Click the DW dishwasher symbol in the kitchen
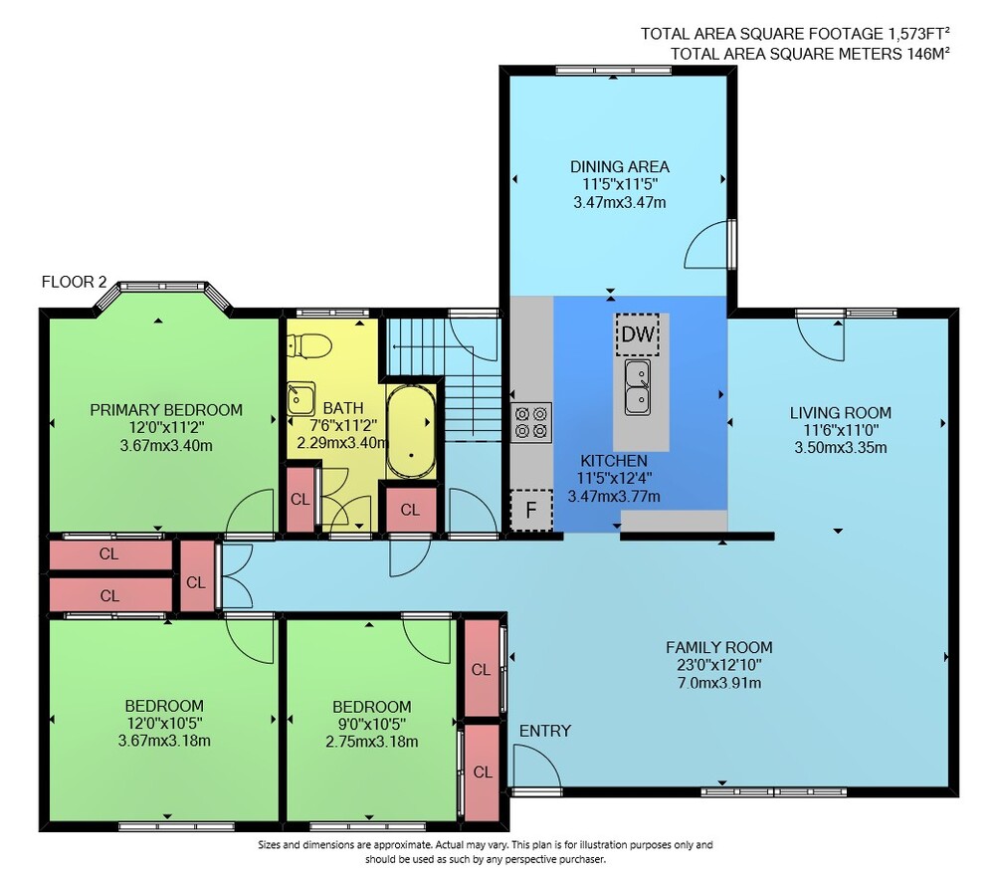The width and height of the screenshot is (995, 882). pyautogui.click(x=637, y=334)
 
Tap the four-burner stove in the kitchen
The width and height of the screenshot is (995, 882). pyautogui.click(x=531, y=423)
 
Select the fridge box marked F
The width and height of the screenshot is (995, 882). pyautogui.click(x=531, y=510)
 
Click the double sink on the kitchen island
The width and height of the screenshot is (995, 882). pyautogui.click(x=637, y=386)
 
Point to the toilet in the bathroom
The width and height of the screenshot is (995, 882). pyautogui.click(x=309, y=345)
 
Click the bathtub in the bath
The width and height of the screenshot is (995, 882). pyautogui.click(x=411, y=430)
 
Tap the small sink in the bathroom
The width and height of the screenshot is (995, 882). pyautogui.click(x=300, y=398)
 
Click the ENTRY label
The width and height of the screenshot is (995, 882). pyautogui.click(x=545, y=731)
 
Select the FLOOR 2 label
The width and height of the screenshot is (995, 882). pyautogui.click(x=74, y=282)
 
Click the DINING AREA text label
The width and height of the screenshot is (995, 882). pyautogui.click(x=619, y=167)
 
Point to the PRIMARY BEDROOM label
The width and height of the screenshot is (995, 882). pyautogui.click(x=166, y=410)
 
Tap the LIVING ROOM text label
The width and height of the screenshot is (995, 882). pyautogui.click(x=840, y=413)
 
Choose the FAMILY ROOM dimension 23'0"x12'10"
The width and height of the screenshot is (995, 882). pyautogui.click(x=719, y=665)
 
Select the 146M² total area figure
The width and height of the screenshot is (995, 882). pyautogui.click(x=925, y=54)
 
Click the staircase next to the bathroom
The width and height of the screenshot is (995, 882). pyautogui.click(x=444, y=379)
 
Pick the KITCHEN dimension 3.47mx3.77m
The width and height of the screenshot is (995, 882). pyautogui.click(x=614, y=497)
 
